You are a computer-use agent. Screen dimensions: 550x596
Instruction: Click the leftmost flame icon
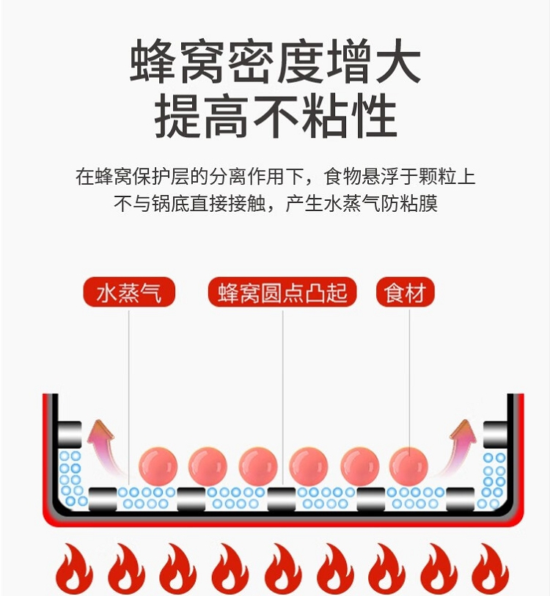point(73,568)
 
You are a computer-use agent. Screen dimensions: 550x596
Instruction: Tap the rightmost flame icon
point(490,568)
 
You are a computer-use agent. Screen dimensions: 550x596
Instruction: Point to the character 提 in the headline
point(178,117)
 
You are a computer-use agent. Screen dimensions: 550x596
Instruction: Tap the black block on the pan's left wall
point(70,434)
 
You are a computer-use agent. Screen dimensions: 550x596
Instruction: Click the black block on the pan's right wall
point(494,434)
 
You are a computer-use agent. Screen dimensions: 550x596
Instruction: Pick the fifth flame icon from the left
point(282,568)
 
